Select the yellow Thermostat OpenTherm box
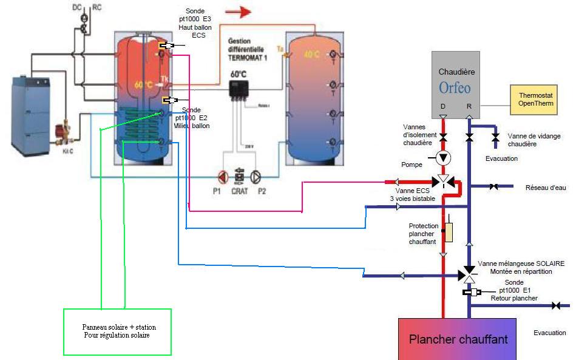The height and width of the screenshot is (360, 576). (533, 99)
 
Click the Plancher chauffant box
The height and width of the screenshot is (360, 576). (457, 339)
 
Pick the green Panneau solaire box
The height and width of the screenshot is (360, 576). (117, 331)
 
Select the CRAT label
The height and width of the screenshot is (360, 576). (239, 190)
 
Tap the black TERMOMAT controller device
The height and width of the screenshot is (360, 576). (239, 90)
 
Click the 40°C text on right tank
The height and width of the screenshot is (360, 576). (312, 54)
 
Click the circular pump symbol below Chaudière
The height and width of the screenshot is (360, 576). (443, 158)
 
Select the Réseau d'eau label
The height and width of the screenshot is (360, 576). (545, 188)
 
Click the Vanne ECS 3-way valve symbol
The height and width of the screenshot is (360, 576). (443, 181)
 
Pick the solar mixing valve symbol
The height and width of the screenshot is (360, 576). (469, 274)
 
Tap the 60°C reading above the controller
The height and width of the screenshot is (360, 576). (238, 74)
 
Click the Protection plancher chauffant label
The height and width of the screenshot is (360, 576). (423, 234)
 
